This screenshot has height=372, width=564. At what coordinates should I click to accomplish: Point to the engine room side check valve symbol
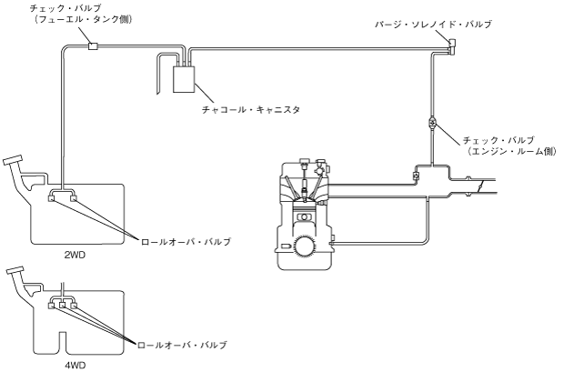pyautogui.click(x=431, y=120)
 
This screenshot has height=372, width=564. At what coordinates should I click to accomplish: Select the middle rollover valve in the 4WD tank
pyautogui.click(x=62, y=305)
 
